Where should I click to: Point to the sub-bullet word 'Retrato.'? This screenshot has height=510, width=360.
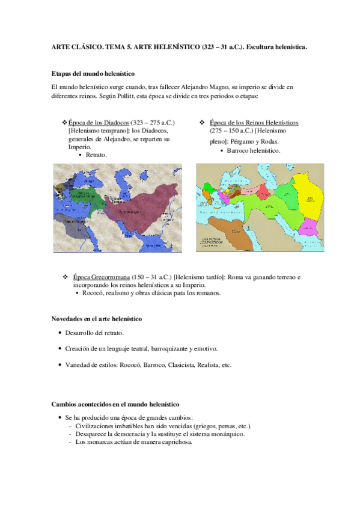96,155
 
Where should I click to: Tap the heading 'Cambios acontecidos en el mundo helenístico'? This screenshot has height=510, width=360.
115,404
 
